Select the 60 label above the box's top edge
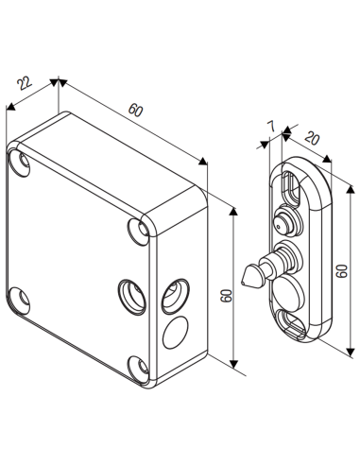136,111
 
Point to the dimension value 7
271,128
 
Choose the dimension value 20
311,138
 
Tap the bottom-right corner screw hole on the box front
138,367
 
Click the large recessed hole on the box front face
130,294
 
